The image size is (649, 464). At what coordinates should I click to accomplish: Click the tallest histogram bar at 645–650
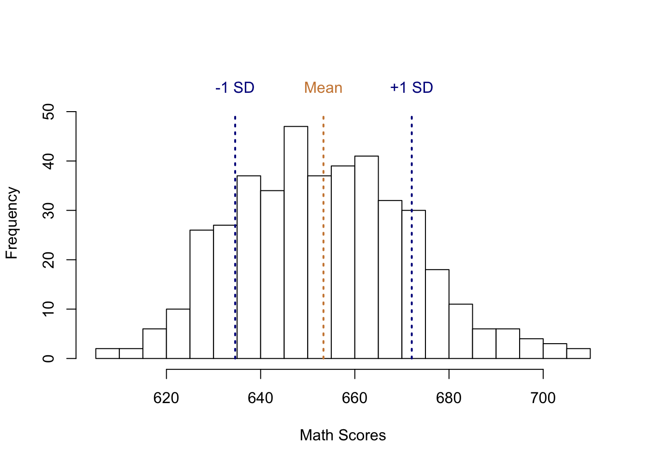296,242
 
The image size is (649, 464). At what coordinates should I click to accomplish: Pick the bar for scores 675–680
437,314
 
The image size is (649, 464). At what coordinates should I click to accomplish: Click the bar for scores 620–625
178,333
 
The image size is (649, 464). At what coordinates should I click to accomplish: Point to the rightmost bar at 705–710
578,353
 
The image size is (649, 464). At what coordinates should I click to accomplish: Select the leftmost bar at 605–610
107,353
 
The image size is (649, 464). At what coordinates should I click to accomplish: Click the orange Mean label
323,88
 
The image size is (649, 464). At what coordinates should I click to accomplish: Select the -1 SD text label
235,88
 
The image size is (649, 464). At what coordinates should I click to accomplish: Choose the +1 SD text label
411,88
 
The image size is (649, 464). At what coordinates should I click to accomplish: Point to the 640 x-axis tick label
260,398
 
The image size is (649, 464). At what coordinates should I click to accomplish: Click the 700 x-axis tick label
543,398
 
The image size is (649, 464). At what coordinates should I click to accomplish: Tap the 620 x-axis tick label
166,398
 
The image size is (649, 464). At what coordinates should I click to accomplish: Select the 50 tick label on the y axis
49,112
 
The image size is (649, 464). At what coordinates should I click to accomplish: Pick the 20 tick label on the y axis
49,260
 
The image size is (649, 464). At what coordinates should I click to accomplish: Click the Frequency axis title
12,223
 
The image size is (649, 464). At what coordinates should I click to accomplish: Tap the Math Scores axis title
342,435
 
